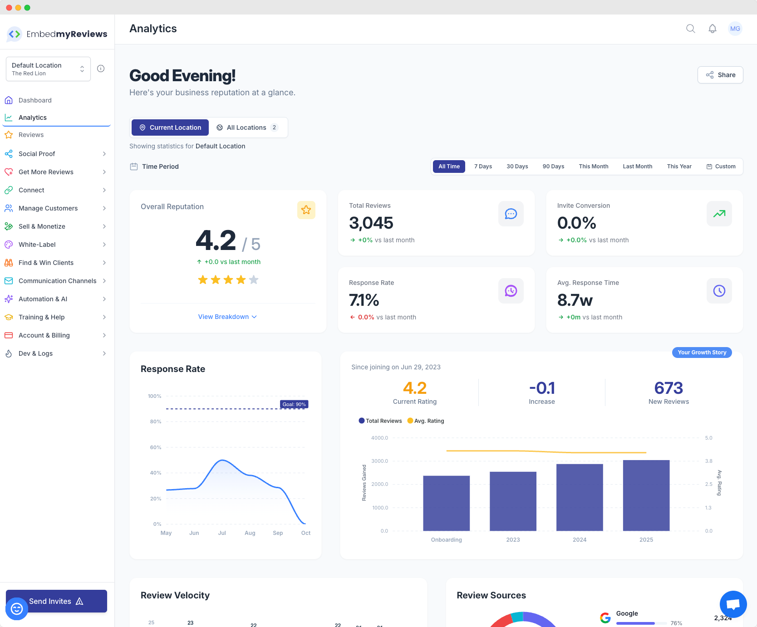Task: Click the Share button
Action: tap(720, 75)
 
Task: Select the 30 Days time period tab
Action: tap(517, 167)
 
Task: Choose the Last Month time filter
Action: tap(637, 167)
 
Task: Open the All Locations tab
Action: tap(248, 127)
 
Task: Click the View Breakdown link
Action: tap(227, 317)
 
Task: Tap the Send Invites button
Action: tap(56, 601)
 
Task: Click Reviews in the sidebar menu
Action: tap(31, 135)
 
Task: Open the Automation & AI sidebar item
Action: tap(43, 299)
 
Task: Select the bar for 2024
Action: tap(580, 497)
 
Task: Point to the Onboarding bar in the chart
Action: tap(446, 503)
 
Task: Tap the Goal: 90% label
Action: tap(294, 404)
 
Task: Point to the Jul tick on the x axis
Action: tap(222, 533)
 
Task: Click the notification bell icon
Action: tap(713, 29)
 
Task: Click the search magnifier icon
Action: tap(691, 29)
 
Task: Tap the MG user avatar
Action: tap(735, 29)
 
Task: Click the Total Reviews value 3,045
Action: tap(371, 223)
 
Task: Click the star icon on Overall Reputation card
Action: tap(306, 210)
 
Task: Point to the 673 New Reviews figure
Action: tap(669, 388)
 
